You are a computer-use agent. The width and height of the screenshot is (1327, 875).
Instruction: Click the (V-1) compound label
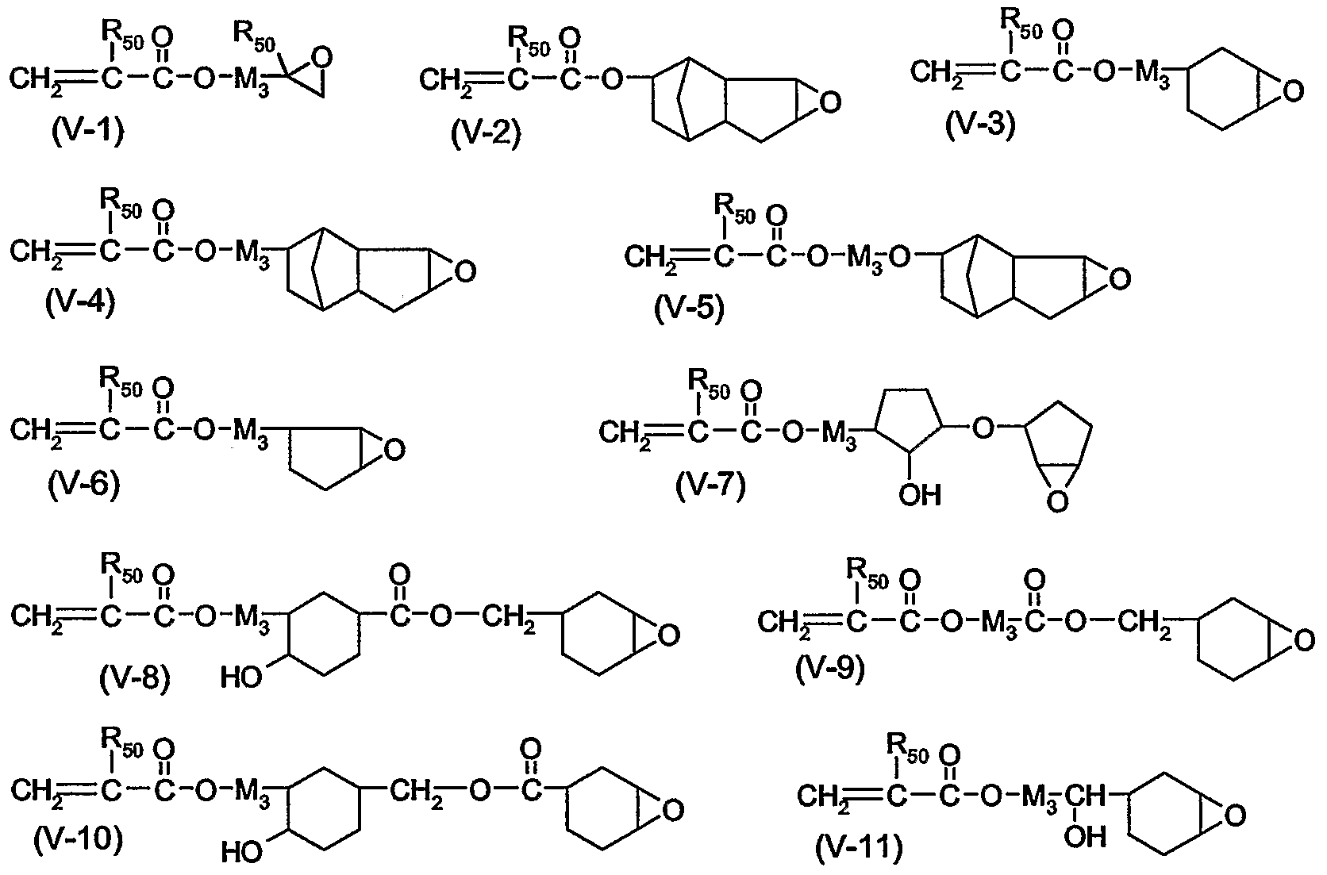87,131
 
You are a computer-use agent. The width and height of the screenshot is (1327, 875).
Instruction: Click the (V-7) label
711,485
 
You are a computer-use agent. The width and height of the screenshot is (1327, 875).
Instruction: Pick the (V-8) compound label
135,678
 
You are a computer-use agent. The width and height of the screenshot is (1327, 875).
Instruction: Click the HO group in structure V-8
241,678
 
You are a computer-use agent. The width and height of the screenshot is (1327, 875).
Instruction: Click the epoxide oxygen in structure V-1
322,59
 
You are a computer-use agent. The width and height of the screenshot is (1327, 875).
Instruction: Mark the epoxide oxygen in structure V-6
394,451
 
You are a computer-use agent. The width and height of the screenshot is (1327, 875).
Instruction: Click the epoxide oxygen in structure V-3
1294,91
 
